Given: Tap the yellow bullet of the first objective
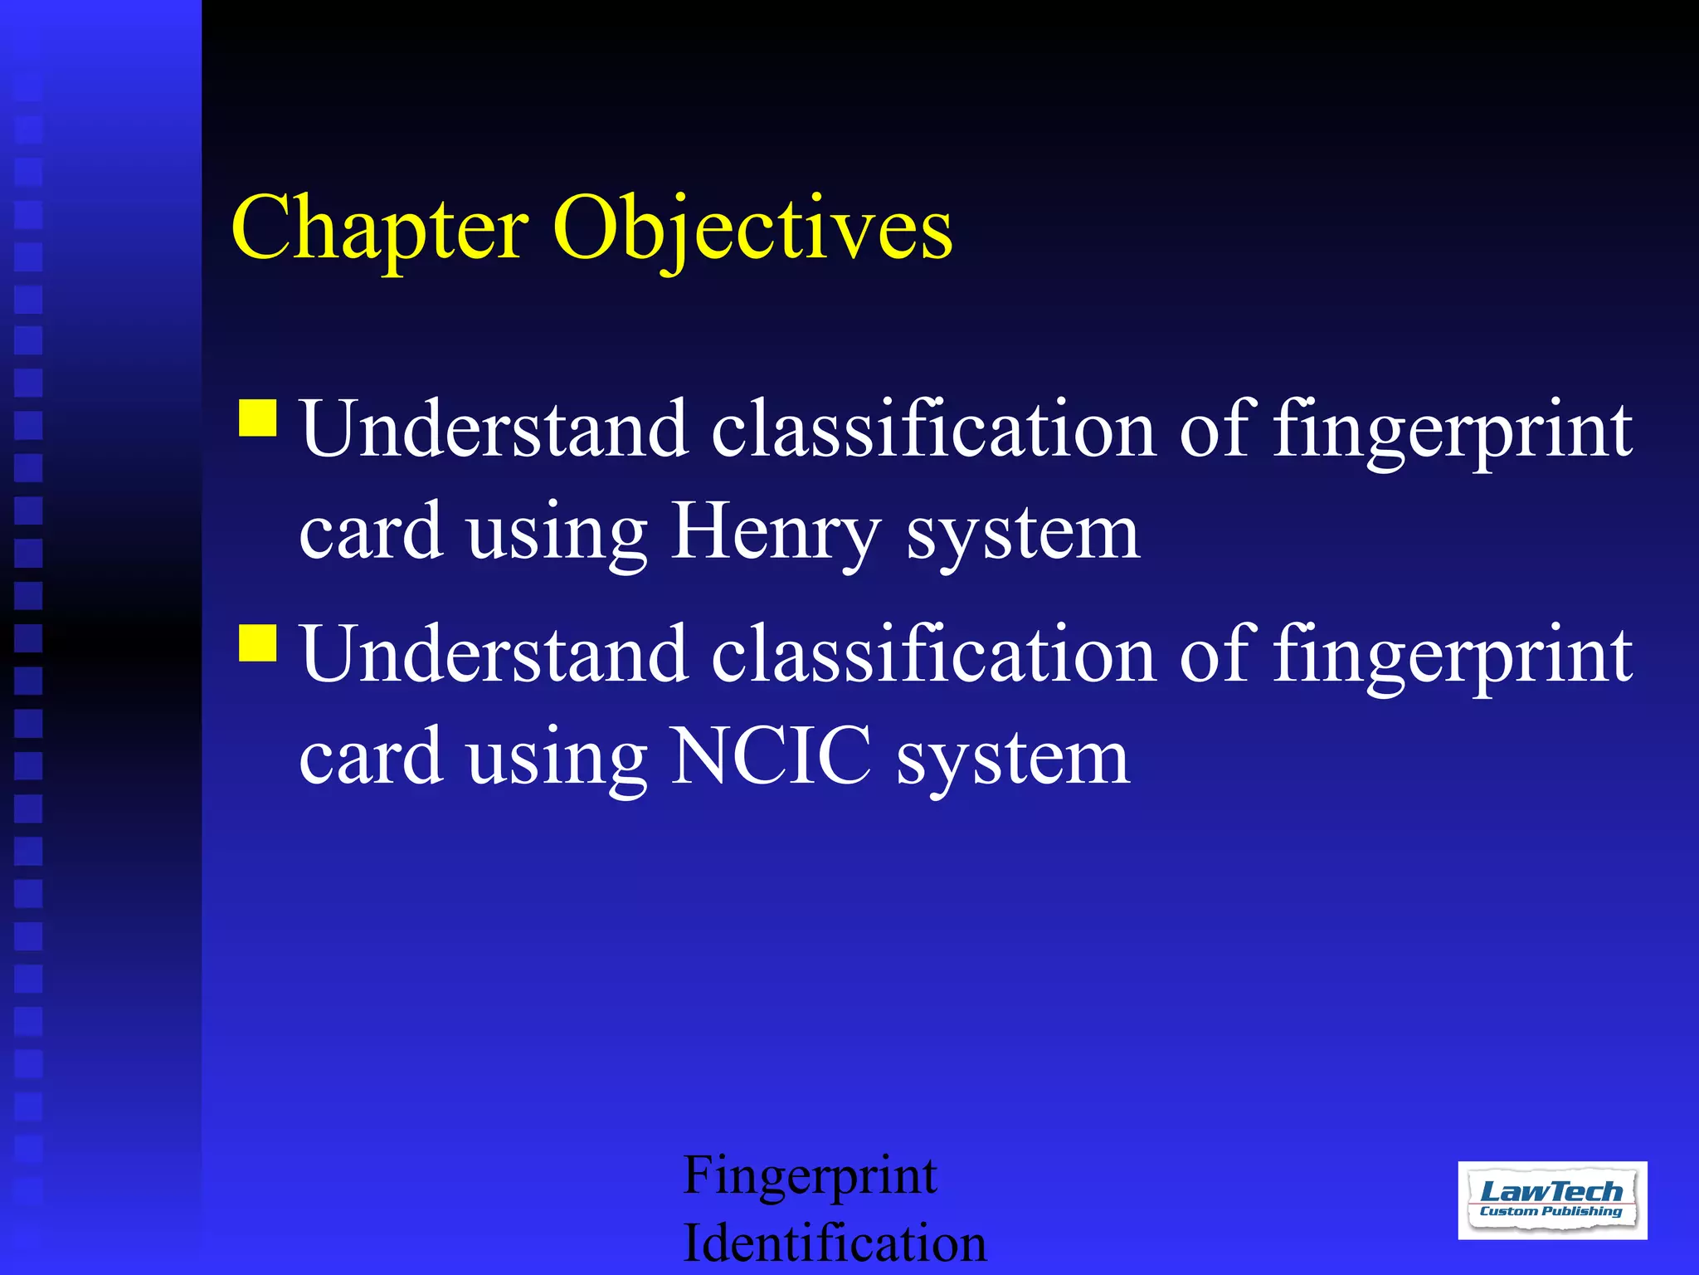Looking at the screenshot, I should point(258,418).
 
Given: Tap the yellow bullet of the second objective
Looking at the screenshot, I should point(258,642).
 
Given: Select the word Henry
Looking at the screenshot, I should point(775,534).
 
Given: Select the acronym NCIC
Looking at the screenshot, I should point(771,756).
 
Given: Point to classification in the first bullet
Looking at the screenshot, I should point(933,429).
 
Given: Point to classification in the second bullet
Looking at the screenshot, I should point(933,655).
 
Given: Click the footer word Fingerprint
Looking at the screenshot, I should point(810,1177).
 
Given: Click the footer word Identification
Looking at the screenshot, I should point(834,1243).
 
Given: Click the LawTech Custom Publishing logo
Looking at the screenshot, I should point(1551,1199).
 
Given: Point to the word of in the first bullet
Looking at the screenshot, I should point(1214,429).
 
